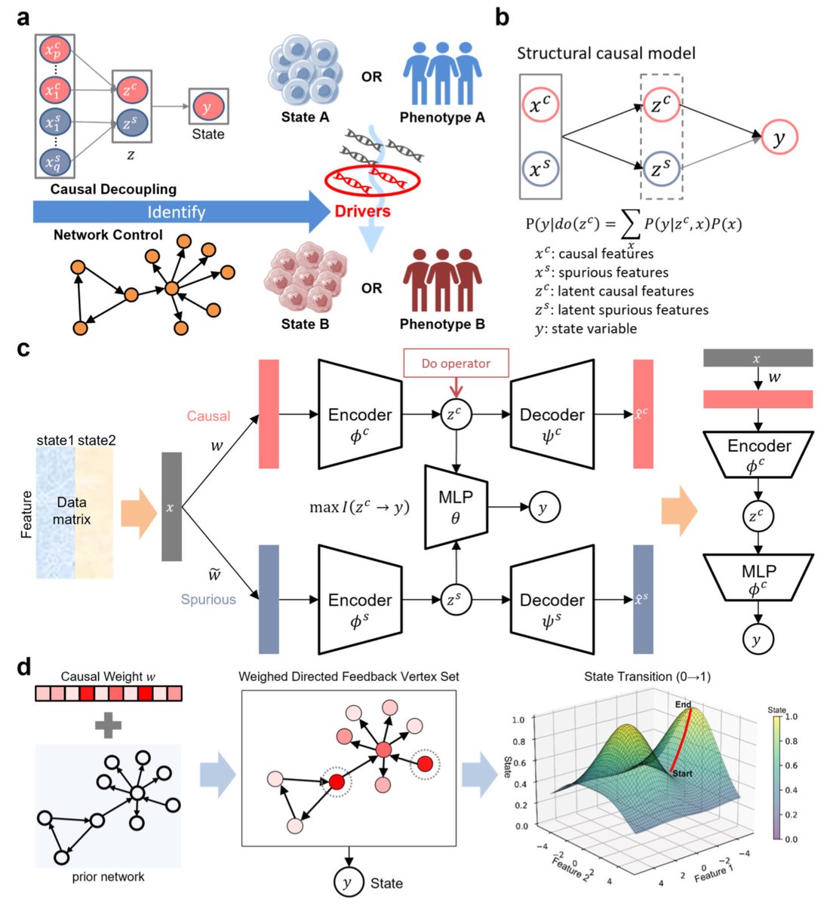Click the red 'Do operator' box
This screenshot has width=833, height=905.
point(456,364)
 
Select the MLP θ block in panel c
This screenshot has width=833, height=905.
point(455,508)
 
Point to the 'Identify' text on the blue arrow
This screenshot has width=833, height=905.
point(177,212)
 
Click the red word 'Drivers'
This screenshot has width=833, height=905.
point(362,210)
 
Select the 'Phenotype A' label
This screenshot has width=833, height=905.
point(442,118)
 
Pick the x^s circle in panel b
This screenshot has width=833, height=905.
point(539,169)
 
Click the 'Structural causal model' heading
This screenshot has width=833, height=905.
point(606,54)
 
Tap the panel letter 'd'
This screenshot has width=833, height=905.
point(24,667)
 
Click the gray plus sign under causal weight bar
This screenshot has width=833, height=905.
point(109,725)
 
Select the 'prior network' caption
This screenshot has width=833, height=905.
point(108,876)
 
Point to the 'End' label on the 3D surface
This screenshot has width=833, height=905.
point(683,704)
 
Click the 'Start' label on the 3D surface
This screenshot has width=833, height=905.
point(681,773)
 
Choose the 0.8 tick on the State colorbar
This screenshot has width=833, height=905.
point(791,741)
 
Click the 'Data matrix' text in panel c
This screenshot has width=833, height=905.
point(72,511)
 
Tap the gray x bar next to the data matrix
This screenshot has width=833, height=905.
point(171,507)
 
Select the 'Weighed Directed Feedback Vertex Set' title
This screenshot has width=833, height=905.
point(349,676)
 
